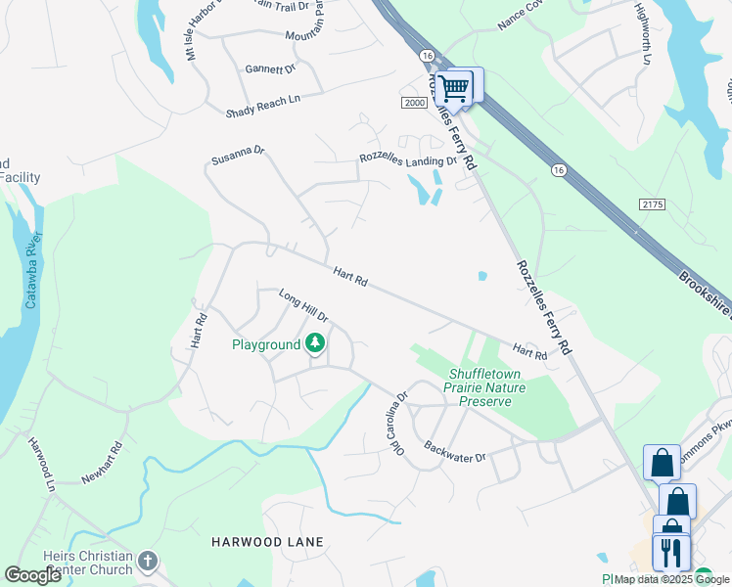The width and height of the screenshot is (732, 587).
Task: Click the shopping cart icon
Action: (x=453, y=88)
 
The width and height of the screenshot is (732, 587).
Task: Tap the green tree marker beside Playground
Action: (x=315, y=343)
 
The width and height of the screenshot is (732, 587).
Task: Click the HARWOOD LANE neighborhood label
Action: (x=267, y=541)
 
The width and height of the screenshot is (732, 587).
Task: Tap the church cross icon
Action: (x=147, y=561)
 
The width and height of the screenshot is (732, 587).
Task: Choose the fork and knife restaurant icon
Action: (x=670, y=553)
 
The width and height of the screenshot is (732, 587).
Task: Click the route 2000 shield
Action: (x=415, y=103)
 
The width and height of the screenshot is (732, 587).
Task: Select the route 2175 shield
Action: (x=652, y=203)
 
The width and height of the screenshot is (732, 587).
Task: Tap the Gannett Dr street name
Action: (x=270, y=69)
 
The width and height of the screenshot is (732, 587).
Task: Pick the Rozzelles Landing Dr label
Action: (x=407, y=160)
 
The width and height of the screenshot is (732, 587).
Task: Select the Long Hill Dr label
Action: (x=302, y=306)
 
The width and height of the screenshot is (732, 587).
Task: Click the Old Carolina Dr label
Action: (x=399, y=424)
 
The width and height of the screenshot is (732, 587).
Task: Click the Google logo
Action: (x=33, y=574)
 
